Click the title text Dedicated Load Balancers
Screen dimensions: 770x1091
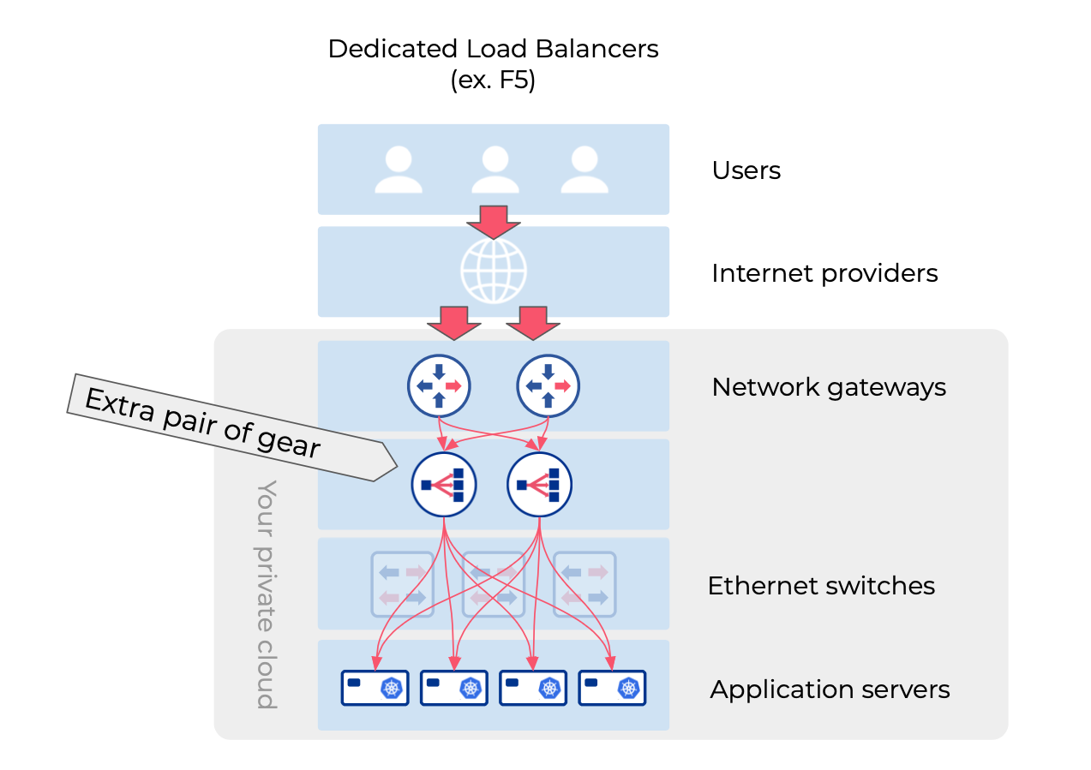493,49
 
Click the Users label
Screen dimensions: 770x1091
746,170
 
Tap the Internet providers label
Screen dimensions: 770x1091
824,273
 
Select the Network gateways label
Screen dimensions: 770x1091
829,387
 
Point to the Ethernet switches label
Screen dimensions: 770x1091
821,586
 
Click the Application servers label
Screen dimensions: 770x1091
830,689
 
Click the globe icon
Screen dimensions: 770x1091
493,271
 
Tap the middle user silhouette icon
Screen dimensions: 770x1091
495,169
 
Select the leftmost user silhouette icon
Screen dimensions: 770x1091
399,169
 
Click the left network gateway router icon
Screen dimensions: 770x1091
439,387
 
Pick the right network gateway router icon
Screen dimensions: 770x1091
548,387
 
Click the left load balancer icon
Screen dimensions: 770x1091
444,485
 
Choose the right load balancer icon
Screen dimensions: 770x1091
540,485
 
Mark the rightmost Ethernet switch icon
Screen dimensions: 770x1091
584,584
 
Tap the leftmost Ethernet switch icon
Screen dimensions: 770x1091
402,584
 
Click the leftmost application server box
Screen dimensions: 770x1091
375,688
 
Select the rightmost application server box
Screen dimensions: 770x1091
612,688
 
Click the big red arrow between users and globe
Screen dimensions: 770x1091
494,221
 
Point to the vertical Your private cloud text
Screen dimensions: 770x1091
267,594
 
